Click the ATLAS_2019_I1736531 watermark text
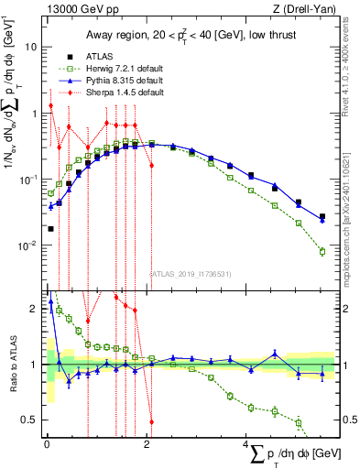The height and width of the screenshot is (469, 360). [191, 272]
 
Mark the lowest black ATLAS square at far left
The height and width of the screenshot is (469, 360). [50, 229]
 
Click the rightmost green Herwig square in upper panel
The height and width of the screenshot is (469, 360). [322, 251]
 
